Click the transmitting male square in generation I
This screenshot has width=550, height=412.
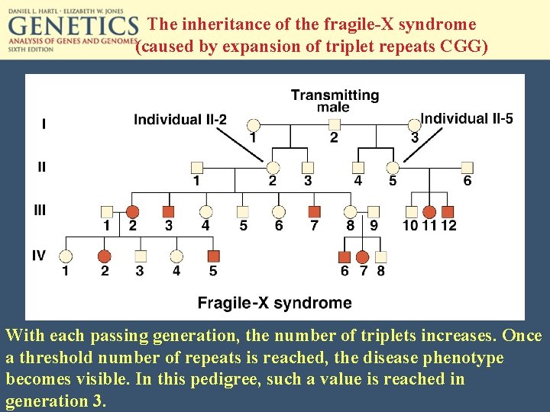click(334, 124)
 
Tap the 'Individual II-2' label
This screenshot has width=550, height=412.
click(180, 120)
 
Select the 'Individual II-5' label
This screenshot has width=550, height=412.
click(466, 118)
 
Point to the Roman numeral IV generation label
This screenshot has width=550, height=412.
click(38, 255)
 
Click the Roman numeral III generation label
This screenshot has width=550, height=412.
click(38, 210)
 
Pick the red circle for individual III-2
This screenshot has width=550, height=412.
click(132, 211)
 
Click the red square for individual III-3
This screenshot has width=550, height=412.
click(169, 211)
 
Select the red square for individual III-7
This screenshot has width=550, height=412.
click(314, 211)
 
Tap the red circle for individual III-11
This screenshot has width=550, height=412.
click(429, 211)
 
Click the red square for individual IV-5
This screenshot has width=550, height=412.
click(213, 256)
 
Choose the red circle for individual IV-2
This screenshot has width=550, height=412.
click(105, 256)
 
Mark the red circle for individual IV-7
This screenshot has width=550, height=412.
click(363, 256)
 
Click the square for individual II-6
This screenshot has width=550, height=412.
click(467, 167)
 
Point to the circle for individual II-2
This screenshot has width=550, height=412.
click(273, 167)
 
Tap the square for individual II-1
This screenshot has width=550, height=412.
click(196, 167)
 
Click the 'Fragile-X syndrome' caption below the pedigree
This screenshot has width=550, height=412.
click(274, 303)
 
